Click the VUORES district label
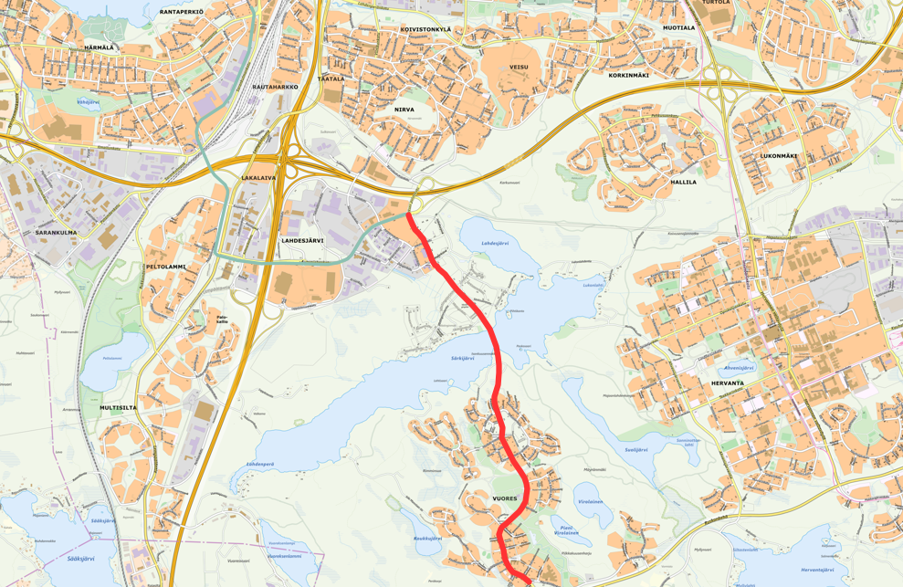click(x=505, y=498)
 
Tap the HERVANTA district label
click(x=727, y=383)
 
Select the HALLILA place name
click(x=683, y=182)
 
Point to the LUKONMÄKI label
click(x=779, y=156)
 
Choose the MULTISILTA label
click(x=119, y=408)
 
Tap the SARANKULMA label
click(x=56, y=233)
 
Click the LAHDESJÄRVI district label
click(x=302, y=240)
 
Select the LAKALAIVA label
click(x=258, y=178)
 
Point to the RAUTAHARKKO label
click(x=276, y=87)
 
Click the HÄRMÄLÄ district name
click(x=98, y=47)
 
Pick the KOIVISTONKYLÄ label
click(x=425, y=29)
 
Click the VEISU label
click(x=519, y=67)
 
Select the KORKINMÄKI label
click(x=628, y=75)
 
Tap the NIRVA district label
click(x=404, y=110)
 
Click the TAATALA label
click(x=331, y=79)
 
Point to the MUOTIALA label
click(x=678, y=28)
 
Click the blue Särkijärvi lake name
click(x=463, y=359)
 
